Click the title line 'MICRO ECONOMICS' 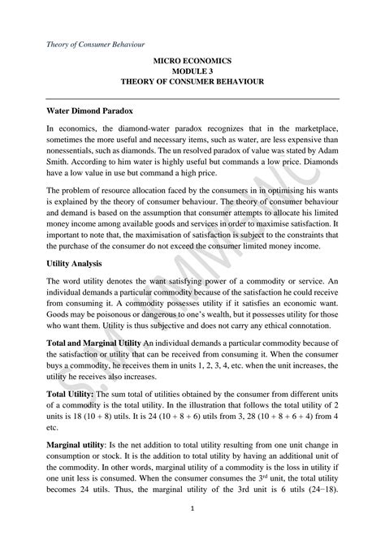192,61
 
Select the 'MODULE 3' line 192,71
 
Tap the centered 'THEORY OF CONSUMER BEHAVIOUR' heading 192,83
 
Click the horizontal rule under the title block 192,95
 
